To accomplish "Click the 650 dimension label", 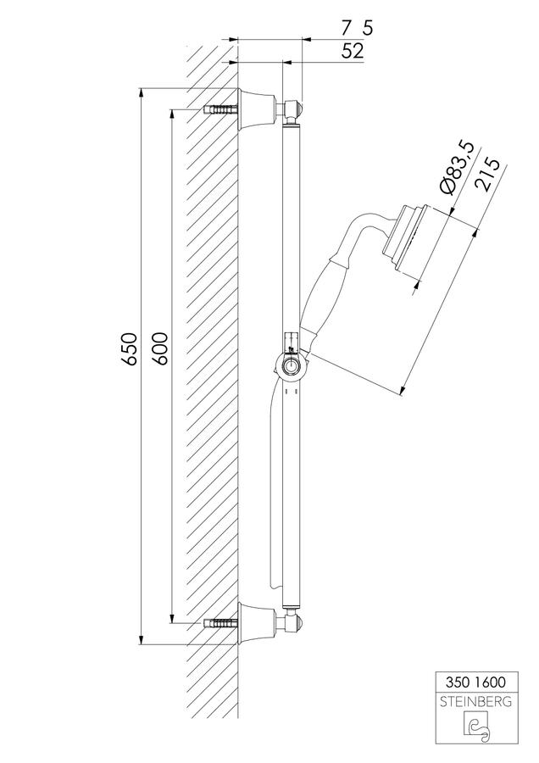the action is coord(130,349).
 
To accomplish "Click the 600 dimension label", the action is coord(159,348).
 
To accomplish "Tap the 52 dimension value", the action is coord(353,51).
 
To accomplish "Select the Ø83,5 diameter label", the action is coord(456,169).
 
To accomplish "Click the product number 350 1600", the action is coord(475,682).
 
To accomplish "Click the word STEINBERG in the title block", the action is coord(475,702).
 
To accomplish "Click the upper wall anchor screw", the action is coord(219,109).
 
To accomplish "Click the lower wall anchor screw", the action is coord(219,624).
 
